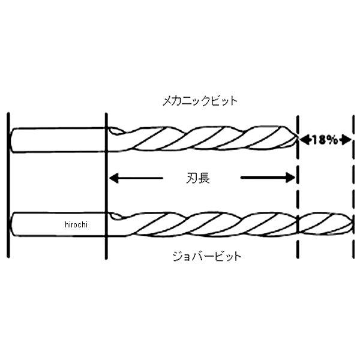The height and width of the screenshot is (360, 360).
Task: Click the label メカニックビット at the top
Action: [200, 101]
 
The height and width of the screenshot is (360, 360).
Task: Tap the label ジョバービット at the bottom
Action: [207, 256]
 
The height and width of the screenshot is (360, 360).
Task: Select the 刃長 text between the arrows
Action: [198, 178]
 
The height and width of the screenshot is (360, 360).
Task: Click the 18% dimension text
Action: [325, 140]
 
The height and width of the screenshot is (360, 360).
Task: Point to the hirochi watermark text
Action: [76, 224]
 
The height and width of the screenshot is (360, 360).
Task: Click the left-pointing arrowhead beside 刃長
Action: [114, 178]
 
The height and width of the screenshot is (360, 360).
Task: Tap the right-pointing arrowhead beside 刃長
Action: [290, 178]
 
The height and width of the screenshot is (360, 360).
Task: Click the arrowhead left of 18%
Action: [305, 140]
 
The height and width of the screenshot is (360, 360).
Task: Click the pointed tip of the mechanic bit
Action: [298, 139]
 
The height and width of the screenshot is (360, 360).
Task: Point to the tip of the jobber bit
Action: [352, 223]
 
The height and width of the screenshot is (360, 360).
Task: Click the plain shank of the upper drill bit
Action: [58, 140]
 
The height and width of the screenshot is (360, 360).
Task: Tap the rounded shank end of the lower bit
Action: [12, 224]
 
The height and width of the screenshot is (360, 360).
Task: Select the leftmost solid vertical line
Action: [8, 185]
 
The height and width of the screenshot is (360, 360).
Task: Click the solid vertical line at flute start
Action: [106, 186]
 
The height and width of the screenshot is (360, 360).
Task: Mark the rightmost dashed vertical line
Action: [353, 187]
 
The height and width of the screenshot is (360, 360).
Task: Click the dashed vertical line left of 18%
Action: [298, 187]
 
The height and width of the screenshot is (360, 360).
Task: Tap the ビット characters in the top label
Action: [224, 101]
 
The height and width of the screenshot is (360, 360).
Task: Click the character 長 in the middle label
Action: [204, 178]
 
